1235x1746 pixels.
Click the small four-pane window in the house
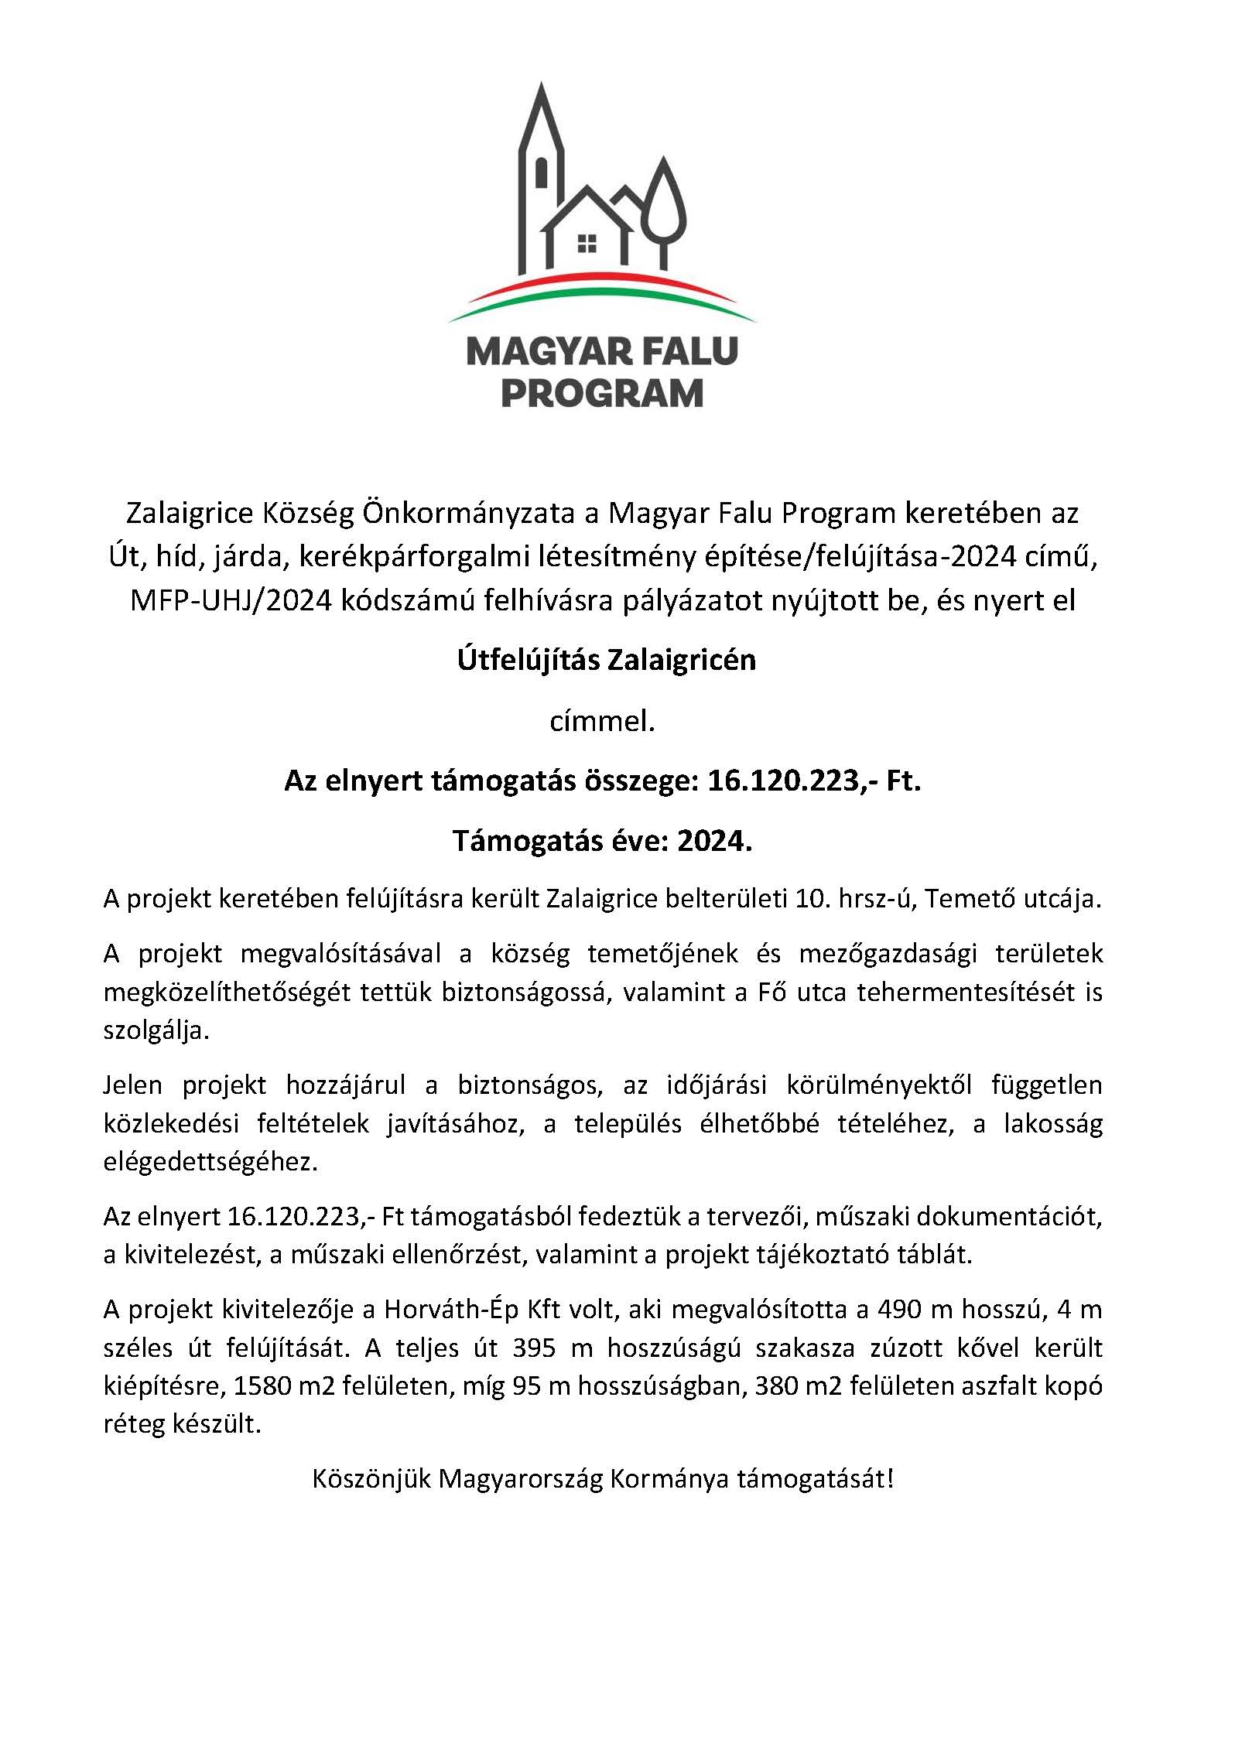click(x=587, y=244)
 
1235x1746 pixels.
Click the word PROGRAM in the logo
click(x=602, y=393)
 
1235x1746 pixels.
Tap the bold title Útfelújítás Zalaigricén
click(x=607, y=660)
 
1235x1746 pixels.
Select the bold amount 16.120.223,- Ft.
click(x=814, y=781)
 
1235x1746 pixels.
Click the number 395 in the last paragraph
click(x=534, y=1348)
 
